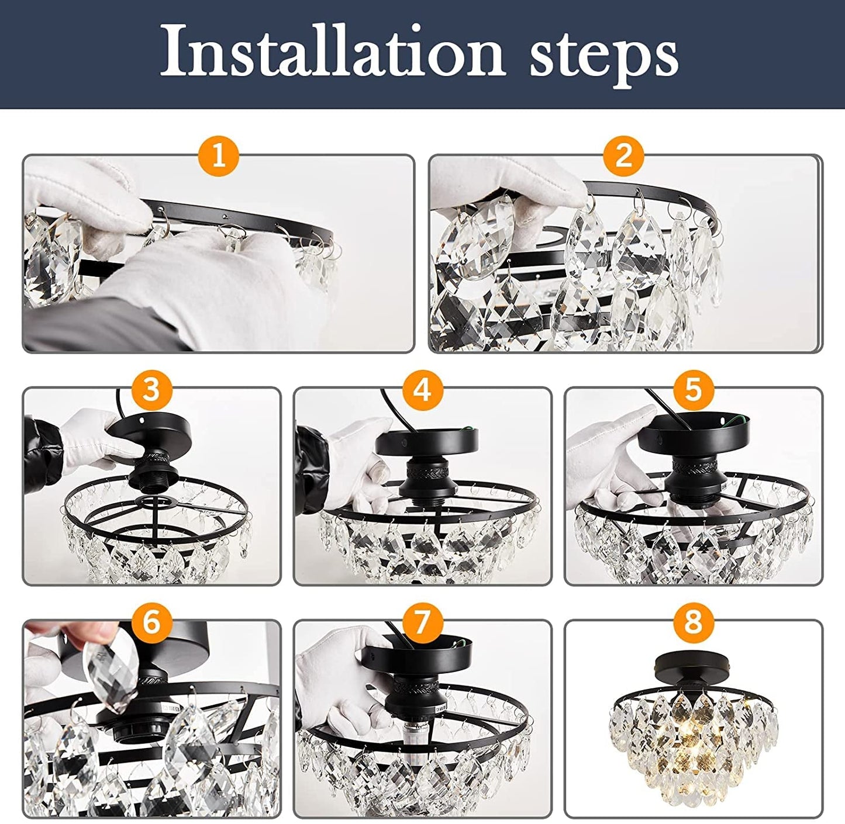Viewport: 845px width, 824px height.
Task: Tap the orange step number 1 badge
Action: click(x=218, y=155)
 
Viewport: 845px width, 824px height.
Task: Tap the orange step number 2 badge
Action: click(x=624, y=155)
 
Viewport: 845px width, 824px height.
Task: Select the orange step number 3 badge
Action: click(x=151, y=389)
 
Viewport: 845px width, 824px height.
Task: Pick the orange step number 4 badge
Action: click(x=422, y=389)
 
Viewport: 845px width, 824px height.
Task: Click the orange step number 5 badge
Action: click(x=693, y=389)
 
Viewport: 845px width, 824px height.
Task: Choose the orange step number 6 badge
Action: click(x=151, y=621)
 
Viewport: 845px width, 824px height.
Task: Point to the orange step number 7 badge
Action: click(x=422, y=621)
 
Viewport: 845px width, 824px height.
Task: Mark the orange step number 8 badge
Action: click(x=693, y=621)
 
